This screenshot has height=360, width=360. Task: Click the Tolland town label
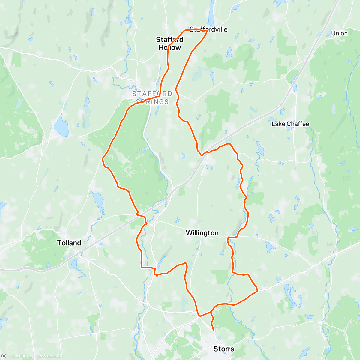click(69, 243)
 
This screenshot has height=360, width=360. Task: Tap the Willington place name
click(202, 233)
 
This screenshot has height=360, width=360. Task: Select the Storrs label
click(223, 349)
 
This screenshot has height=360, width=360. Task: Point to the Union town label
click(339, 33)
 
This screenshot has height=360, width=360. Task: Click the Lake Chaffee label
click(290, 124)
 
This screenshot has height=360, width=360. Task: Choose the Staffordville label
click(209, 29)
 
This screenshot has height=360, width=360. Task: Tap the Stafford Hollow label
click(170, 43)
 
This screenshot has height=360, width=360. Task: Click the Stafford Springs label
click(152, 98)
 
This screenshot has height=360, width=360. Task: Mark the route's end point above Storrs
click(214, 331)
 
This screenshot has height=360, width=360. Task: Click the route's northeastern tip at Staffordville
click(208, 31)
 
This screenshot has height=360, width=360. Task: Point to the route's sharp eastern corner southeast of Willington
click(257, 291)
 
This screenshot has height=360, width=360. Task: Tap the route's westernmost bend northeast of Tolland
click(103, 158)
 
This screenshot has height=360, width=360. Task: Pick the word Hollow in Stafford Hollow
click(170, 48)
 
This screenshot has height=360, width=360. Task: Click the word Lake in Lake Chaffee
click(278, 124)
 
